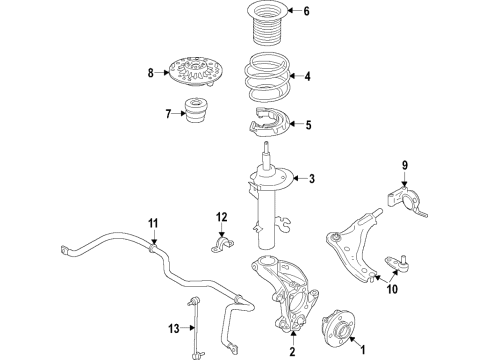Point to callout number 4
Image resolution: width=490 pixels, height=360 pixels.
tap(308, 76)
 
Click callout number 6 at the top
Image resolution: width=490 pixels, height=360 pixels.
tap(307, 13)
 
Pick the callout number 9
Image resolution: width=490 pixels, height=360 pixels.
tap(406, 165)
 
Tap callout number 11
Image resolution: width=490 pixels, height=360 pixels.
tap(154, 222)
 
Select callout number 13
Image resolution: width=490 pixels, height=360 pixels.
tap(175, 328)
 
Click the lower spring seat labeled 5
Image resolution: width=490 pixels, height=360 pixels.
tap(266, 126)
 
